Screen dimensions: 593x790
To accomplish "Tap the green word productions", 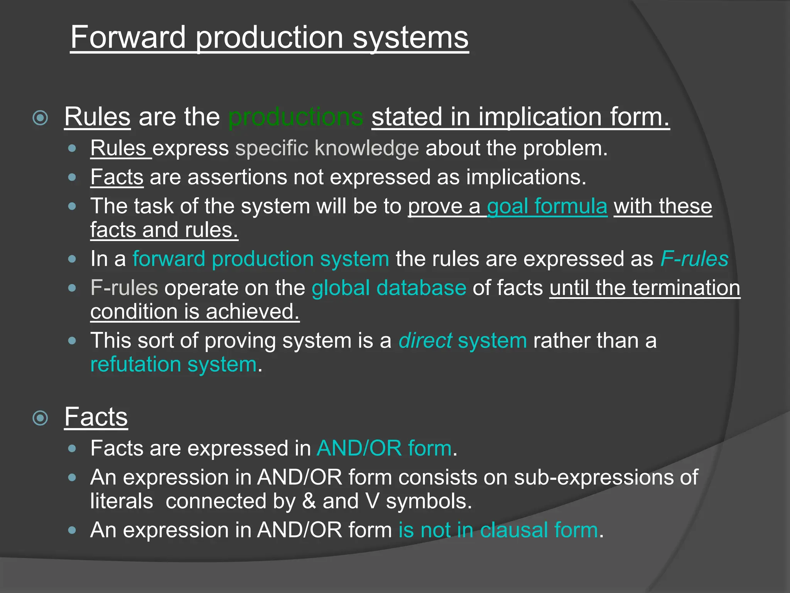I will [x=295, y=117].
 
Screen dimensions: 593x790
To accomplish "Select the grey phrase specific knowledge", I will [x=327, y=148].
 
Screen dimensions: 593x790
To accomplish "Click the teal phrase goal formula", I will [x=547, y=206].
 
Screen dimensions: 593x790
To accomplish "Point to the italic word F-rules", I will [x=694, y=259].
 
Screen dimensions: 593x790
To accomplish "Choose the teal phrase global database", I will [x=389, y=288].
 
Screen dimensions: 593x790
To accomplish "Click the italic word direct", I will [x=425, y=341].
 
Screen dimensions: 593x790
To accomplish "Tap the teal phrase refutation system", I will [x=173, y=364].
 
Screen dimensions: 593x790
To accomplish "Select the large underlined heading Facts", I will [x=96, y=417].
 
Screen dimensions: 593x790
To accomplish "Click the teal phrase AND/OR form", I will [x=384, y=449].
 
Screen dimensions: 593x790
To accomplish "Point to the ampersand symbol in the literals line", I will [x=309, y=501].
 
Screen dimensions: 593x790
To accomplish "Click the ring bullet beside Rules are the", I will [x=41, y=118].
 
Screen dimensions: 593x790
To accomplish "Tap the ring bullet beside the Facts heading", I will [x=41, y=418].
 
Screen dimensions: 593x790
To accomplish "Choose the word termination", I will [x=686, y=288].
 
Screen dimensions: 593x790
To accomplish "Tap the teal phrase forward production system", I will [x=261, y=259].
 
